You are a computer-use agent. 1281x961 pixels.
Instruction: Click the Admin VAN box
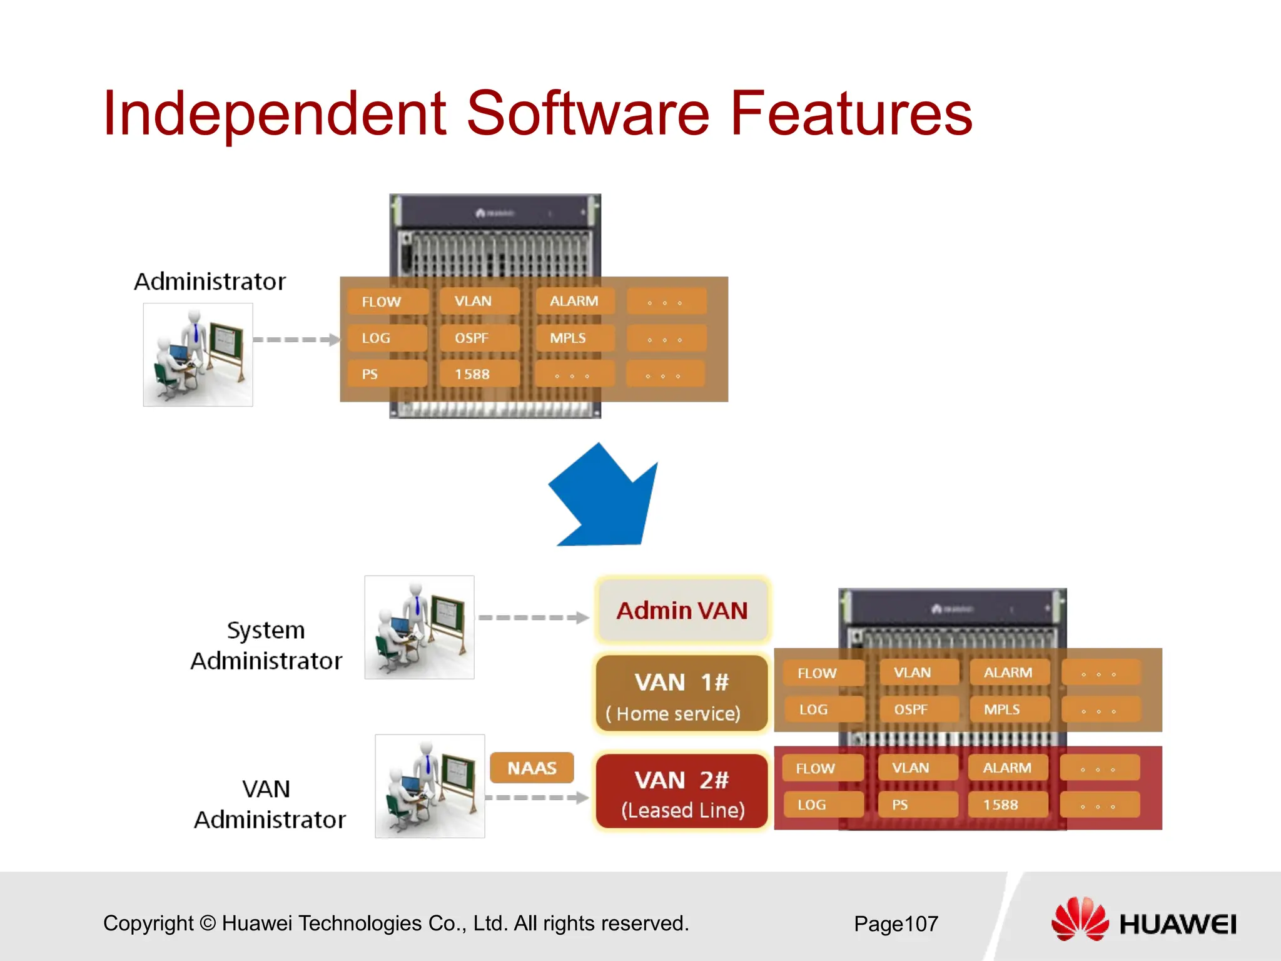(x=682, y=610)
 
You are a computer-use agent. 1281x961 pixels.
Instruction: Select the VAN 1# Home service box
(x=681, y=694)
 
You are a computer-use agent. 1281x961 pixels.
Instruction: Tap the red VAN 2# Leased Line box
(x=681, y=792)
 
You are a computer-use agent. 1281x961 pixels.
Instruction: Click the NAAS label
(x=532, y=768)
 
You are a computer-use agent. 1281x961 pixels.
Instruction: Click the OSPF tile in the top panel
(x=478, y=338)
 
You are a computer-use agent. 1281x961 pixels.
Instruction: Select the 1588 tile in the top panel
(x=478, y=374)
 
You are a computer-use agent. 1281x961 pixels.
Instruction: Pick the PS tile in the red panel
(x=916, y=805)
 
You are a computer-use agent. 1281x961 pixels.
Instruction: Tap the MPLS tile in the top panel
(x=574, y=338)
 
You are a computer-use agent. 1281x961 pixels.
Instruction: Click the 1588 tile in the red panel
(x=1007, y=805)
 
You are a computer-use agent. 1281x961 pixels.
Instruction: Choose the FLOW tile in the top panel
(x=387, y=302)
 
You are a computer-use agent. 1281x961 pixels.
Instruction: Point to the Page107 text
(x=896, y=923)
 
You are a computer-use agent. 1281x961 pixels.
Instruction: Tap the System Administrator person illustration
(x=419, y=627)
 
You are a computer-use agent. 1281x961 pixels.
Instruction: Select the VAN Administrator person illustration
(x=430, y=786)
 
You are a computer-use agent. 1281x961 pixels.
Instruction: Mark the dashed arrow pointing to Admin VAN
(x=533, y=618)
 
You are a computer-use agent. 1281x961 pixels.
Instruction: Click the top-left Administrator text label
(x=210, y=282)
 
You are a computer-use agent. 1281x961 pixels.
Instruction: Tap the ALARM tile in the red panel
(x=1007, y=768)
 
